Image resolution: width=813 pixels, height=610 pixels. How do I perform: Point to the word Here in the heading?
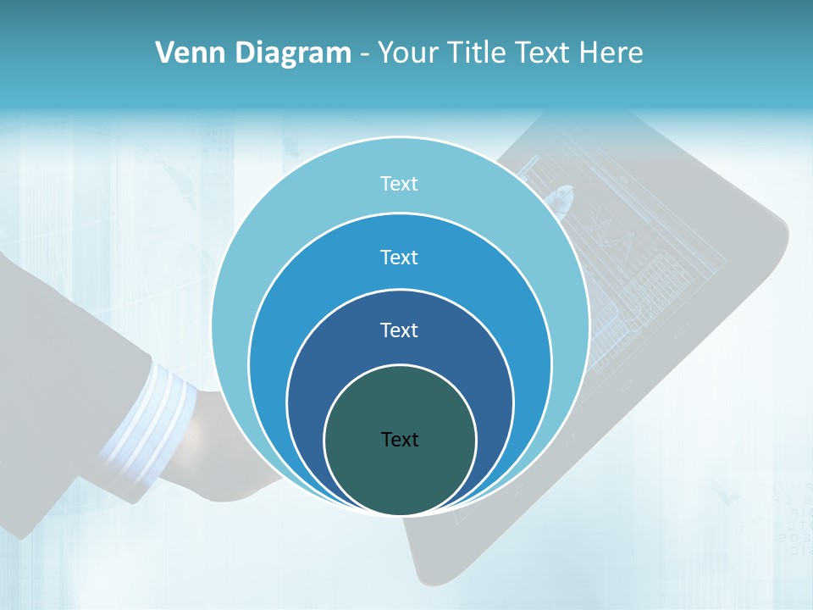[x=611, y=53]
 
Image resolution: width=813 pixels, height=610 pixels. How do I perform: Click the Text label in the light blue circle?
[x=400, y=184]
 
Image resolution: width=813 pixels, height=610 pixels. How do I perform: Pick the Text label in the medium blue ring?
[x=400, y=257]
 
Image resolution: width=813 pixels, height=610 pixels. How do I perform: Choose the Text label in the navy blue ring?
[x=400, y=330]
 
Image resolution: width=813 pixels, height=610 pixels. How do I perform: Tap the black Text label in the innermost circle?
[x=400, y=439]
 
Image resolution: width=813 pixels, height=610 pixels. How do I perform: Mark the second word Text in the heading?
[x=544, y=53]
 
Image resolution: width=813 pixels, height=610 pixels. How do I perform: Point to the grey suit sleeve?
[x=59, y=381]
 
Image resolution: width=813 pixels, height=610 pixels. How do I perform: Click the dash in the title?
[x=364, y=54]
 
